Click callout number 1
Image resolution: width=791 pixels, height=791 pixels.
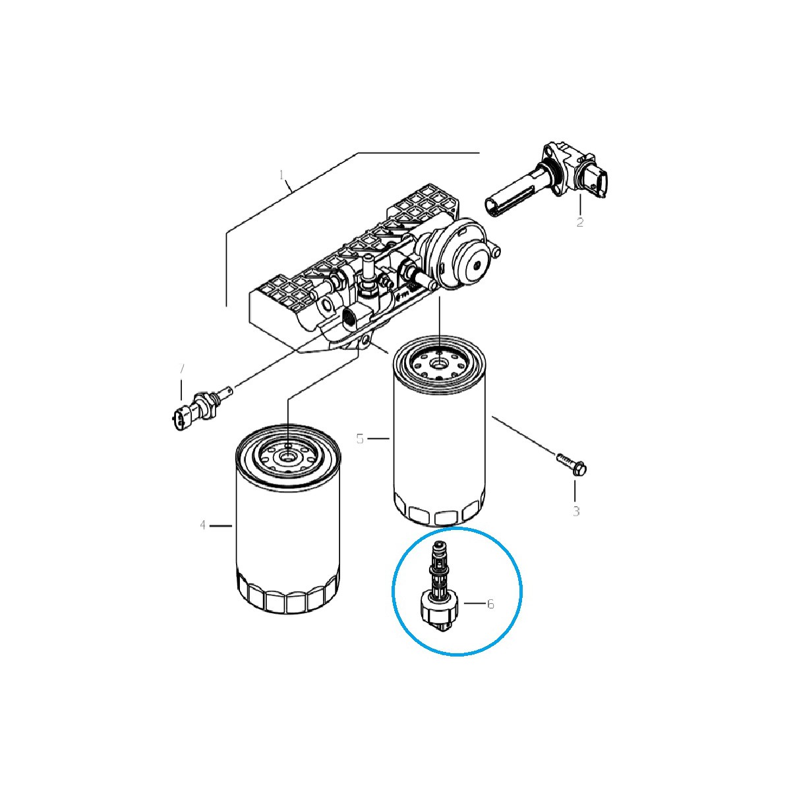pos(281,175)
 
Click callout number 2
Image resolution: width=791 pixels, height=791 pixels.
pos(579,223)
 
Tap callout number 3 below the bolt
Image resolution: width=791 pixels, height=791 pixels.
pos(575,511)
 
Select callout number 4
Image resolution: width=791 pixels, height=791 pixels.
pos(203,525)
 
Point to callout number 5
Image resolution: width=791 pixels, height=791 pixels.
pos(360,438)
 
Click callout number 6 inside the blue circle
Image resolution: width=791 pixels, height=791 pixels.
pos(490,603)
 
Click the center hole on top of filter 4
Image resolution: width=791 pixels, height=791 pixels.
pos(287,455)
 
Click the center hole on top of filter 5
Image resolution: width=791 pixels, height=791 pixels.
pos(439,361)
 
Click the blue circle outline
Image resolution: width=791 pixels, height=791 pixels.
pos(393,591)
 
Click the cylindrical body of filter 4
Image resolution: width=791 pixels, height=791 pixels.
pos(288,534)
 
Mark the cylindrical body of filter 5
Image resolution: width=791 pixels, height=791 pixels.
pos(439,442)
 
